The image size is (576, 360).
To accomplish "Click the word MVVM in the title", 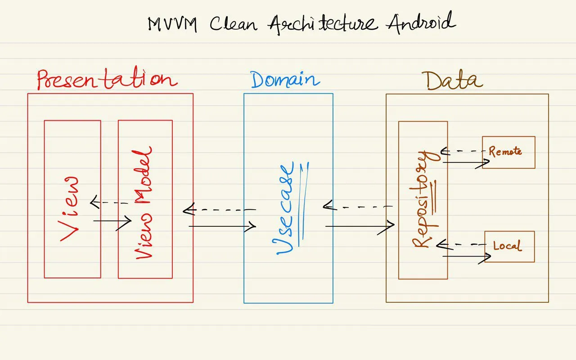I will point(172,24).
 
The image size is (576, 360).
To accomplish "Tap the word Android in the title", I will point(421,22).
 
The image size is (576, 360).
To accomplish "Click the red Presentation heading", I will point(107,80).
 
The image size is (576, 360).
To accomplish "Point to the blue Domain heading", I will point(285,80).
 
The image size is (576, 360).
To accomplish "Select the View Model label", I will point(144,202).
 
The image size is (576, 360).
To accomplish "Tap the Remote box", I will point(508,152).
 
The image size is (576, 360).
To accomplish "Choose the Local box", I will point(509,246).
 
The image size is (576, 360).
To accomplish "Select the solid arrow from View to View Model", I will point(112,221).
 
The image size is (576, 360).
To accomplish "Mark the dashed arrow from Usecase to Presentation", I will point(220,210).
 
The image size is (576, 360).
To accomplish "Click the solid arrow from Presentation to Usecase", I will point(222,226).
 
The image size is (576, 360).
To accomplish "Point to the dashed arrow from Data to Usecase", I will point(358,207).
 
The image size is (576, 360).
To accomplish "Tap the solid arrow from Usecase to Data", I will point(360,226).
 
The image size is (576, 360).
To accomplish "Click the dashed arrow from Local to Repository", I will point(461,245).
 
